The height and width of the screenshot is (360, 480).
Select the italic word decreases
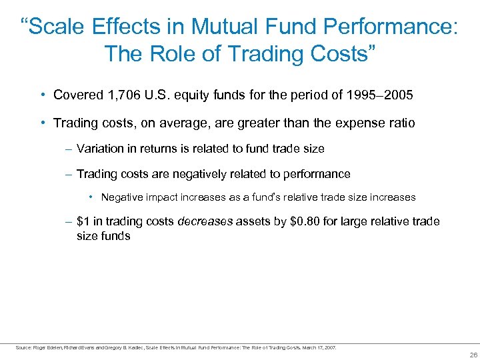(x=205, y=221)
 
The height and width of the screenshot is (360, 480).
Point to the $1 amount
(x=84, y=221)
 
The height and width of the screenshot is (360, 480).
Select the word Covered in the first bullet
(x=75, y=95)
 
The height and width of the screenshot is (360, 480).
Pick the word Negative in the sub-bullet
(x=121, y=197)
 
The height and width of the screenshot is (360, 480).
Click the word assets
(x=253, y=221)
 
